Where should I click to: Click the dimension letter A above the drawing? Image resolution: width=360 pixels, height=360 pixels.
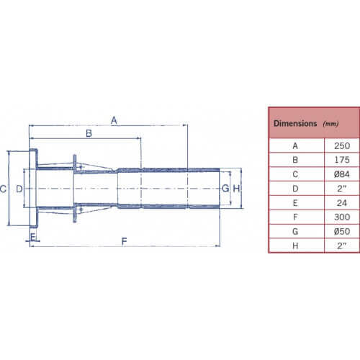114,120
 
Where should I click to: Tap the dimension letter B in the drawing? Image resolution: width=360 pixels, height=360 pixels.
89,133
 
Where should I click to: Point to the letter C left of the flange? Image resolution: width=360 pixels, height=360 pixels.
3,189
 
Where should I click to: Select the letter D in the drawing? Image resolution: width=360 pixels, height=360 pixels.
19,189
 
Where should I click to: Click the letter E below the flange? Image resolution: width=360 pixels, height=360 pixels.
33,237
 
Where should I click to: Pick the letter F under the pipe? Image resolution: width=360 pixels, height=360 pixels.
124,241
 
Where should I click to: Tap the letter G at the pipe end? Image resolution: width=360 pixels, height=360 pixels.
225,189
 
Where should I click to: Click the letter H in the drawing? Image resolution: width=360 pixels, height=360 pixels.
236,189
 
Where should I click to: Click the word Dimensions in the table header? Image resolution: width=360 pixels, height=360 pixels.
295,123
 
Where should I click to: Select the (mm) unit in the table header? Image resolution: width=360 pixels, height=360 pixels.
330,124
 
